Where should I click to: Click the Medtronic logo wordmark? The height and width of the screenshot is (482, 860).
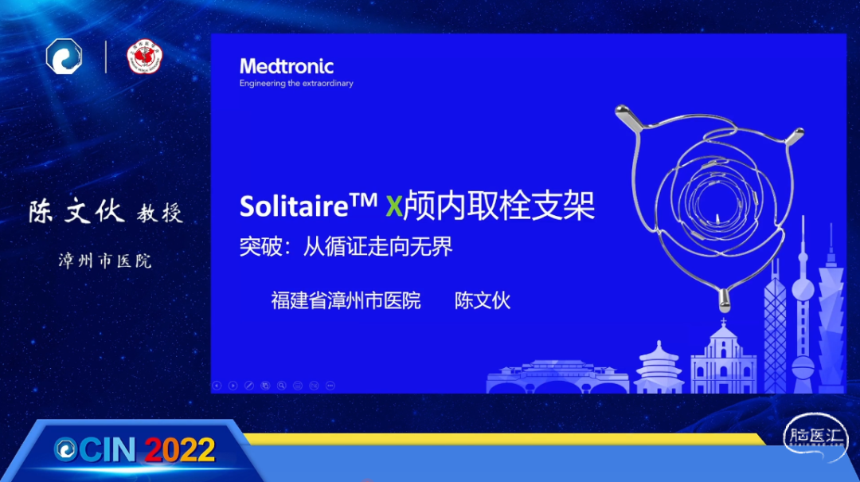pos(287,66)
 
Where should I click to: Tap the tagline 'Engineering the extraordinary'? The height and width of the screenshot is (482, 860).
pos(296,84)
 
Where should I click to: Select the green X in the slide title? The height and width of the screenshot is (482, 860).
pos(394,206)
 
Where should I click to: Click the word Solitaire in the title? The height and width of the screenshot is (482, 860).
pos(294,206)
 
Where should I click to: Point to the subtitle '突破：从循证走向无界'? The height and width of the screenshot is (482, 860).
pos(346,247)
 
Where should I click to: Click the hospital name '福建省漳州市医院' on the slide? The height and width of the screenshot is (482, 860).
pos(346,300)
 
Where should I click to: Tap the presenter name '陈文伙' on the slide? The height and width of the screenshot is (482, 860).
pos(482,300)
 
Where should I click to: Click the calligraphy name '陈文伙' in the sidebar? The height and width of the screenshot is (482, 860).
pos(76,211)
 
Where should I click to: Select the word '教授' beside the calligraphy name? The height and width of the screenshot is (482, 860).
pos(159,213)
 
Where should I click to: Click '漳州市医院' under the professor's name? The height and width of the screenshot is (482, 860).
pos(105,261)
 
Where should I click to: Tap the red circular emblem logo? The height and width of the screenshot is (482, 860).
pos(144,57)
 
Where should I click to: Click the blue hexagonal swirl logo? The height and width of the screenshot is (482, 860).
pos(64,56)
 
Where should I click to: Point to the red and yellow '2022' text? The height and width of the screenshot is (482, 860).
pos(180,450)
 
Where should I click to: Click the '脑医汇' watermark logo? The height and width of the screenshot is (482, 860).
pos(815,438)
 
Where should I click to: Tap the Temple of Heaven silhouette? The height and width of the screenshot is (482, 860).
pos(659,368)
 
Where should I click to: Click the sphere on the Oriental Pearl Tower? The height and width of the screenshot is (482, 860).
pos(803,288)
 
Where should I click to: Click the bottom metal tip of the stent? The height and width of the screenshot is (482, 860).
pos(725,301)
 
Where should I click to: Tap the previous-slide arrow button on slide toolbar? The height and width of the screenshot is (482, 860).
pos(217,386)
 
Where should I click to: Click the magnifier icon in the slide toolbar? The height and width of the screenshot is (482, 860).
pos(281,386)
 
